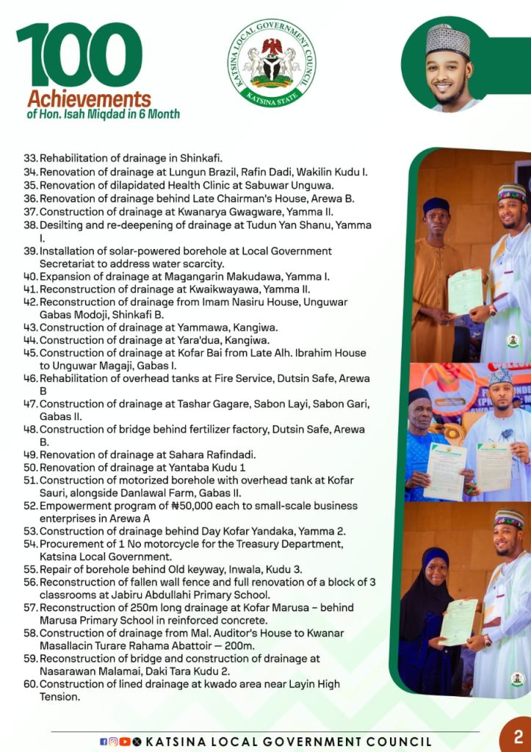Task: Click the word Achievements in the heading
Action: point(89,99)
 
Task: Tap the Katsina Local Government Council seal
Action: point(272,63)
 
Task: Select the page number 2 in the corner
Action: point(518,737)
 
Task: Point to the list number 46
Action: point(30,378)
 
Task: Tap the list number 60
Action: point(30,684)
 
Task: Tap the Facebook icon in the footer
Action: point(104,742)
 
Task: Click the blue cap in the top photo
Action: point(436,206)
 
